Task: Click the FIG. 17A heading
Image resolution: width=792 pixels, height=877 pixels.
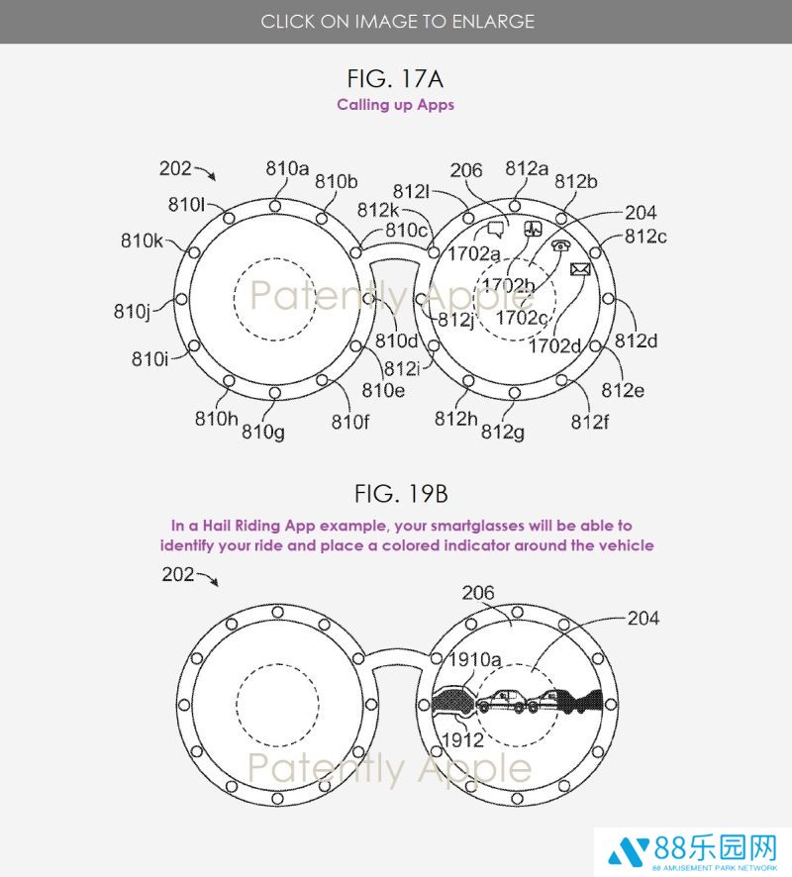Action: [395, 78]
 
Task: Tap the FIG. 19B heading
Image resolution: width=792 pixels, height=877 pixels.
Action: [401, 494]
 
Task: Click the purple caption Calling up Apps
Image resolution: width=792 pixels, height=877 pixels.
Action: [395, 105]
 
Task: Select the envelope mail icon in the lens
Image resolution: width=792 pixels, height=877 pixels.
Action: [580, 269]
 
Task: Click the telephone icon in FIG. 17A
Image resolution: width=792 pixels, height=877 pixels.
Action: [560, 244]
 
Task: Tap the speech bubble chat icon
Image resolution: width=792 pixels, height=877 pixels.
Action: [495, 229]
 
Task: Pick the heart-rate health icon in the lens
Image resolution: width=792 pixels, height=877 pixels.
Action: [533, 229]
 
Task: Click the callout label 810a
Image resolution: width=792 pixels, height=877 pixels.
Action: [287, 168]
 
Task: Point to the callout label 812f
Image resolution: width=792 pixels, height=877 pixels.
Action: [589, 422]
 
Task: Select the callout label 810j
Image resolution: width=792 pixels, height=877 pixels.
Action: [133, 312]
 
